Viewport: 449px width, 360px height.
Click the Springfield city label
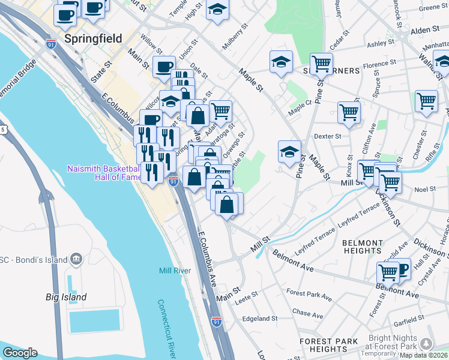click(x=93, y=39)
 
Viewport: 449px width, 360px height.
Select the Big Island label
click(x=66, y=297)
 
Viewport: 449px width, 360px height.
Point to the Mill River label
click(x=175, y=271)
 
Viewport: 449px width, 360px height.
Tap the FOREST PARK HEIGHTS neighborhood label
click(x=328, y=345)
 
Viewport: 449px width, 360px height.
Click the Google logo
click(x=20, y=353)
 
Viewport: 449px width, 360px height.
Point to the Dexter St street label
click(x=327, y=136)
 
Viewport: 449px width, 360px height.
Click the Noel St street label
click(x=424, y=189)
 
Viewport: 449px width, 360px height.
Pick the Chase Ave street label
click(x=301, y=313)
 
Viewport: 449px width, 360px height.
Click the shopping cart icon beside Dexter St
click(x=349, y=112)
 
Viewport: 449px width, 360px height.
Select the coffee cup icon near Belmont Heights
click(x=401, y=268)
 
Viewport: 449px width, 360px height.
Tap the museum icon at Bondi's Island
click(x=76, y=259)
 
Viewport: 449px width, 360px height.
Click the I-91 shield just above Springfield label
click(x=51, y=44)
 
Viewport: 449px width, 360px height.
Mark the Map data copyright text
click(x=424, y=355)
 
